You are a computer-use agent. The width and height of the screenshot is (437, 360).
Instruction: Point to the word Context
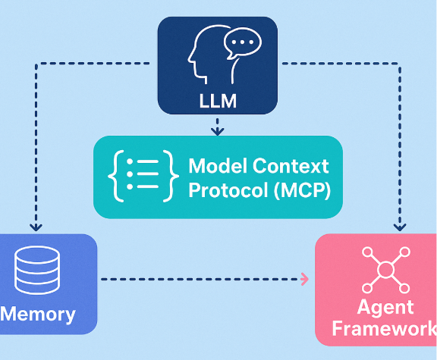(x=291, y=165)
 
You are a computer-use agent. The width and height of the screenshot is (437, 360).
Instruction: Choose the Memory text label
(x=38, y=314)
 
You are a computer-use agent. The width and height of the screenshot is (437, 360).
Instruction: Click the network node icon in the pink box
(x=385, y=269)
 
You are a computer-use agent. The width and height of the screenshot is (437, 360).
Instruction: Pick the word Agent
(x=385, y=307)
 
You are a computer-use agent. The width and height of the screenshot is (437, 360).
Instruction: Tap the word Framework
(x=384, y=329)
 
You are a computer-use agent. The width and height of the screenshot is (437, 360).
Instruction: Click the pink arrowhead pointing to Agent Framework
(x=305, y=279)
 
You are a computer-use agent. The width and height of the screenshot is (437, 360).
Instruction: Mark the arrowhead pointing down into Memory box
(x=33, y=226)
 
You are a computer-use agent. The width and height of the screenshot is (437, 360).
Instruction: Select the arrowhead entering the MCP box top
(x=217, y=131)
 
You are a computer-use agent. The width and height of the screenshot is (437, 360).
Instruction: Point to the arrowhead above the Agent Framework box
(x=400, y=226)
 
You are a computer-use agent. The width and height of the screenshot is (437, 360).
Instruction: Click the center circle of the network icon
(x=385, y=269)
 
